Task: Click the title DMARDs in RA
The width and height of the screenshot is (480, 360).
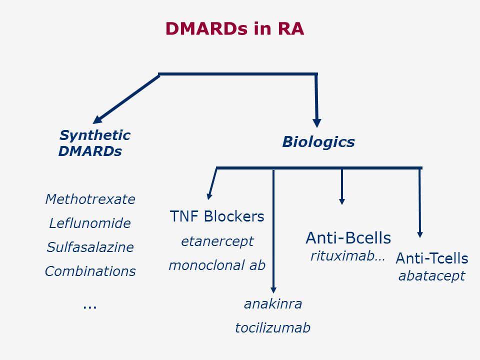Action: click(235, 29)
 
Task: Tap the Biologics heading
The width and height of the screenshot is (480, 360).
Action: click(318, 142)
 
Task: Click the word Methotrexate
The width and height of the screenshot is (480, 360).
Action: click(90, 199)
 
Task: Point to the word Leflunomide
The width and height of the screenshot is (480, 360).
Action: click(90, 223)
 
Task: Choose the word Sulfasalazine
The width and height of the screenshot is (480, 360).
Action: click(90, 247)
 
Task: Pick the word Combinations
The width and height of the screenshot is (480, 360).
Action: click(90, 271)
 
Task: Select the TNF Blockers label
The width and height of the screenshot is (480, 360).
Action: click(217, 216)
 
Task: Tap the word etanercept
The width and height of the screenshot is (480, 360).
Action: click(217, 241)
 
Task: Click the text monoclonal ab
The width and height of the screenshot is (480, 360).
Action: click(217, 265)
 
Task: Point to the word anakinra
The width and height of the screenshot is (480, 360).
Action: click(273, 304)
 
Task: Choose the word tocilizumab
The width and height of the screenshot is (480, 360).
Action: click(273, 328)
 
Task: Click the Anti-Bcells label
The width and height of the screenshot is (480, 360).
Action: click(348, 238)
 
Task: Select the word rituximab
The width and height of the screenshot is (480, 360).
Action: click(342, 255)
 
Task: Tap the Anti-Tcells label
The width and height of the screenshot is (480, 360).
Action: click(432, 258)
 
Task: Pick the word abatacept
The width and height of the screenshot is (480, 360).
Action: click(432, 276)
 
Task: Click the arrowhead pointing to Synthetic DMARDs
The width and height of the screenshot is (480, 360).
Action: click(97, 119)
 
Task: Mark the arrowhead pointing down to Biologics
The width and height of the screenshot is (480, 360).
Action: click(317, 123)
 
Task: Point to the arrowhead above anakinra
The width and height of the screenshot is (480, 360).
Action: click(273, 290)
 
